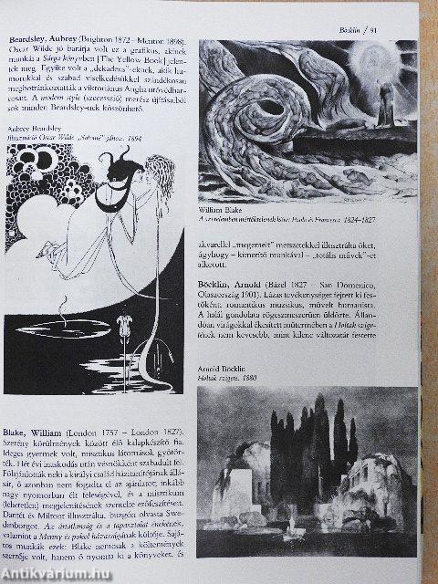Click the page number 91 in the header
click(x=414, y=28)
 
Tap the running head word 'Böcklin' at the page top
click(x=377, y=28)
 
